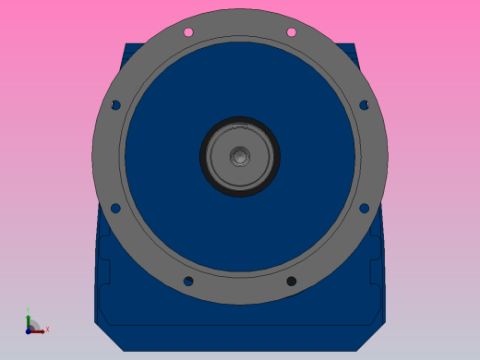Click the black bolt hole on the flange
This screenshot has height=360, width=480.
[291, 281]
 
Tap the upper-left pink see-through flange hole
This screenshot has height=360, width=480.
[188, 32]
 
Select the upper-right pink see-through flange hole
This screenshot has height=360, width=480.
[291, 32]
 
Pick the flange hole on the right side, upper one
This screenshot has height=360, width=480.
[364, 105]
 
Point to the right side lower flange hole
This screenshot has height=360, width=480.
[364, 208]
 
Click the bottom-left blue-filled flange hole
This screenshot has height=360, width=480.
[188, 281]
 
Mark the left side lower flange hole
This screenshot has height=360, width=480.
[115, 208]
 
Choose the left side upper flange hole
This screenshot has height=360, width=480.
[115, 105]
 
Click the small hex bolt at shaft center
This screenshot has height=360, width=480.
[240, 156]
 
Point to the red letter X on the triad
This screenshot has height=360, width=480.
[47, 329]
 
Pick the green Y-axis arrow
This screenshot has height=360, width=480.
[29, 320]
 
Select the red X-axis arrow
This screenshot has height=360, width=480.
[38, 330]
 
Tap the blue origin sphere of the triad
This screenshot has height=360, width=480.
[30, 329]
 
